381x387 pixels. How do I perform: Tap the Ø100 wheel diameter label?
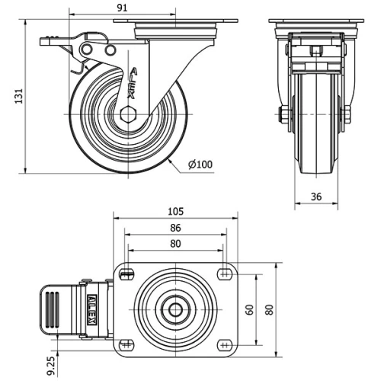click(200, 164)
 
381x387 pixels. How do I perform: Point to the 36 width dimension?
click(317, 197)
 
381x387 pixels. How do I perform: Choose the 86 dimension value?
click(174, 228)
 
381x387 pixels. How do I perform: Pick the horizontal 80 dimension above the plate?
click(174, 244)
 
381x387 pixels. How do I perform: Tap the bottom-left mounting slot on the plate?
click(127, 345)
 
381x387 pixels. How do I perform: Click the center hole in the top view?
click(175, 309)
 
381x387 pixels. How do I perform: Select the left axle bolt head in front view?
click(283, 115)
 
